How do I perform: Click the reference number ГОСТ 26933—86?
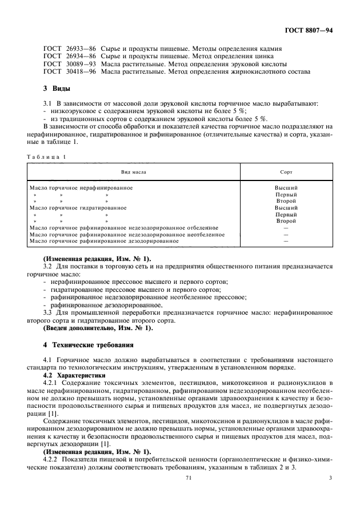tap(63, 49)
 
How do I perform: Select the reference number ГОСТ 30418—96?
tap(63, 72)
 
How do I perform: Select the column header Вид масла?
tap(133, 171)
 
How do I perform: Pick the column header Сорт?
tap(286, 171)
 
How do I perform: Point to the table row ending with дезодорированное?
tap(104, 240)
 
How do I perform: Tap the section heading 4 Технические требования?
tap(89, 345)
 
